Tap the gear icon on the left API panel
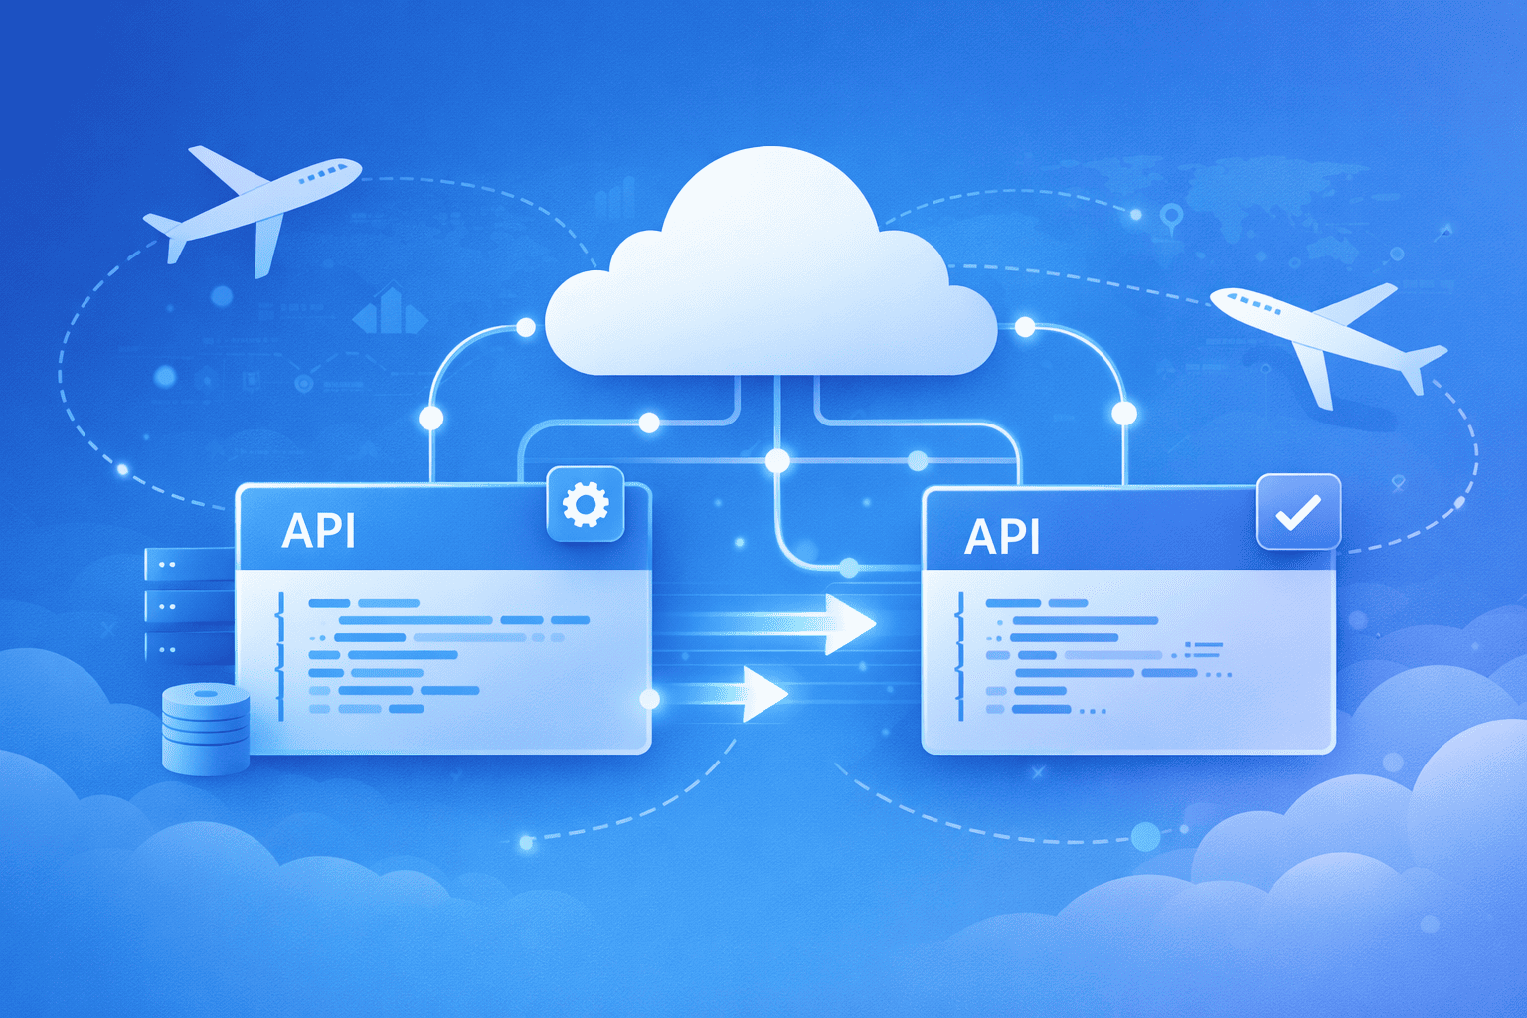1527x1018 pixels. pos(586,505)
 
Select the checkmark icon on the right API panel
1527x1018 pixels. pos(1298,512)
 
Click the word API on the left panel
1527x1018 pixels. pos(318,531)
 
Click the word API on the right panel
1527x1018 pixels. pos(1002,538)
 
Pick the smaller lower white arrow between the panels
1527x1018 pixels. pos(762,693)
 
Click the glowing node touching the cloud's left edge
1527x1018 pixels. pos(526,328)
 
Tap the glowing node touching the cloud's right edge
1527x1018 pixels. pos(1025,327)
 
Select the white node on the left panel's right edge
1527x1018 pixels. pos(650,699)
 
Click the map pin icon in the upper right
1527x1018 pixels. pos(1172,214)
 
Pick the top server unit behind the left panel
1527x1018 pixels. pos(188,564)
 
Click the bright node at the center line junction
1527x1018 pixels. pos(777,460)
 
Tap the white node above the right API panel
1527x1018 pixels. pos(1124,413)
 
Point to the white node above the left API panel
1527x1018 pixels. pos(431,418)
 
